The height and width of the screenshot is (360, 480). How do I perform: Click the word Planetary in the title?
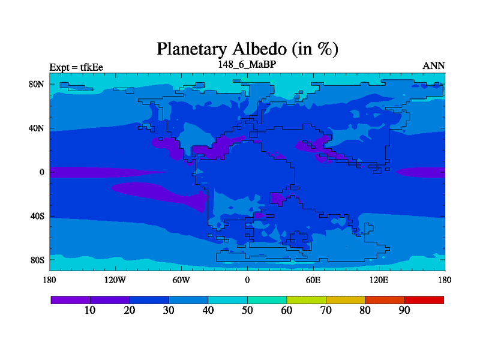tap(192, 49)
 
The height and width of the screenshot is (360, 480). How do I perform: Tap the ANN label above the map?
tap(433, 66)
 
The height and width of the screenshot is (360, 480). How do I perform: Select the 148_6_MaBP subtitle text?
tap(247, 64)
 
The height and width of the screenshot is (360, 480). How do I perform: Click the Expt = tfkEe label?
tap(76, 67)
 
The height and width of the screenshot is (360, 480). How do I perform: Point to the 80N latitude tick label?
tap(37, 84)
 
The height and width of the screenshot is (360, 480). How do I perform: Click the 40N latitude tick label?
tap(37, 128)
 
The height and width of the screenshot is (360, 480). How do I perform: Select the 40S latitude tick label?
tap(37, 216)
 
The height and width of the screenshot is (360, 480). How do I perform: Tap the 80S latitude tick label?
tap(37, 260)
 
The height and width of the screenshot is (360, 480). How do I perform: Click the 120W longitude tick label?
tap(115, 280)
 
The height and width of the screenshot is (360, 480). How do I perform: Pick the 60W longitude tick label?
tap(181, 280)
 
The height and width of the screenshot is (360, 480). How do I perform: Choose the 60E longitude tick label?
tap(313, 280)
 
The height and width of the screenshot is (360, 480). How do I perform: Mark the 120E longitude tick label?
tap(379, 280)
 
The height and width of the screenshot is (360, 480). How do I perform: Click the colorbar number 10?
tap(90, 310)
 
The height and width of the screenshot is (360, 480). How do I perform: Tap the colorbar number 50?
tap(247, 310)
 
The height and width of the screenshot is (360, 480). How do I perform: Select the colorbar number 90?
tap(404, 310)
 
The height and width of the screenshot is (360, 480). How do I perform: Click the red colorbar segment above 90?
tap(424, 300)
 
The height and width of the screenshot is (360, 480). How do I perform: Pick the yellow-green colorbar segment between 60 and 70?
tap(306, 300)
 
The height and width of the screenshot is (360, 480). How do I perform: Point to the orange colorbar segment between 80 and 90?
tap(385, 300)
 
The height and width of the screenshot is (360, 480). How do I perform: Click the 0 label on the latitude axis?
tap(42, 172)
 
